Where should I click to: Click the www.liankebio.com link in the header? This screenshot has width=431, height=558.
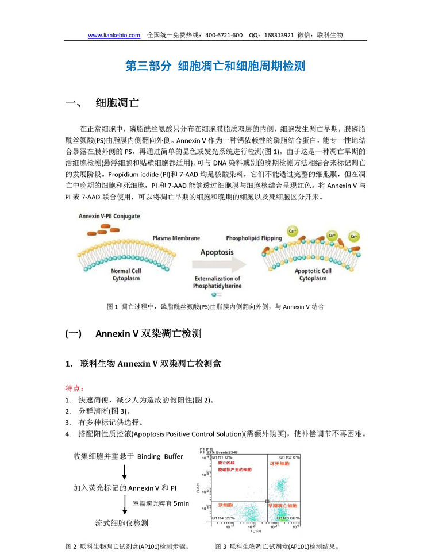(x=114, y=35)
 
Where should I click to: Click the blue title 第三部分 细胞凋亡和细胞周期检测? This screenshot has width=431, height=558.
(x=215, y=67)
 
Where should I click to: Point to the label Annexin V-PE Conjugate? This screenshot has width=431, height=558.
(x=109, y=216)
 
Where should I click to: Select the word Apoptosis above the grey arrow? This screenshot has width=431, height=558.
(x=217, y=252)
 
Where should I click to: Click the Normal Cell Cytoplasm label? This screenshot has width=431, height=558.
(x=128, y=274)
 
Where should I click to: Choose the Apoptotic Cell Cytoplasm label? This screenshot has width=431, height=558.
(x=313, y=274)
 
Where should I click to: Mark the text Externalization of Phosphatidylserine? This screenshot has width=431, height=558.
(x=217, y=282)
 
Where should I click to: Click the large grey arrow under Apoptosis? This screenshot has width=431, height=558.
(x=217, y=265)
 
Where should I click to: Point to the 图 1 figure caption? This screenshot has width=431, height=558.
(x=215, y=307)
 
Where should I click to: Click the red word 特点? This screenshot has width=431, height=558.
(x=74, y=388)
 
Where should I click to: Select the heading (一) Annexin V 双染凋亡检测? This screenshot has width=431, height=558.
(x=133, y=334)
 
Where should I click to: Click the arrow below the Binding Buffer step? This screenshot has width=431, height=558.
(x=125, y=472)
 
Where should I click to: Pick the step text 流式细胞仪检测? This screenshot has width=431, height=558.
(x=121, y=523)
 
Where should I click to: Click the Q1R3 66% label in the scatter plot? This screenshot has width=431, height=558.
(x=288, y=518)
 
